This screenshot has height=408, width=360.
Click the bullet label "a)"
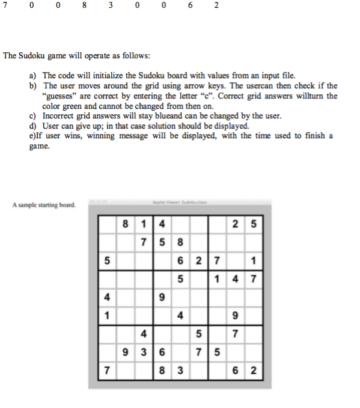tap(33, 76)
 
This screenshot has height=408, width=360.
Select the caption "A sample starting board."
tap(43, 205)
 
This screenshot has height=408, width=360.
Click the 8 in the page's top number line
tap(85, 6)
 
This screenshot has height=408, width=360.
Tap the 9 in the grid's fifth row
tap(161, 298)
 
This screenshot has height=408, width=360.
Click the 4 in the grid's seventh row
tap(143, 334)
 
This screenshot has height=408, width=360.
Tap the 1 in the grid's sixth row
tap(107, 316)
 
